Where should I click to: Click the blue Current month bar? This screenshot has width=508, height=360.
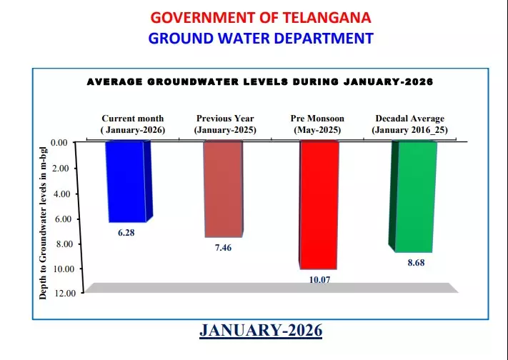pyautogui.click(x=127, y=181)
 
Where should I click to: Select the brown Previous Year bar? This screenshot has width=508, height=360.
pyautogui.click(x=224, y=189)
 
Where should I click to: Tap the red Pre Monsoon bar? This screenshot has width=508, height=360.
pyautogui.click(x=318, y=204)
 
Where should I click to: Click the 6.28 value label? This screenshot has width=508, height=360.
pyautogui.click(x=127, y=232)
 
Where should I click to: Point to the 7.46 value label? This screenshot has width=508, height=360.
pyautogui.click(x=224, y=247)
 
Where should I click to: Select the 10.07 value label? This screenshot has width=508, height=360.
pyautogui.click(x=318, y=279)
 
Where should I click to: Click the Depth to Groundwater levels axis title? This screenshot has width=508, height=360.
pyautogui.click(x=44, y=218)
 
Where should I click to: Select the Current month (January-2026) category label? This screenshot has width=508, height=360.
pyautogui.click(x=132, y=124)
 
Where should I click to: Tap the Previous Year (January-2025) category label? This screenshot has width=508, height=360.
pyautogui.click(x=225, y=124)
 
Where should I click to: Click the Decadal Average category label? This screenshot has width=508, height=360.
pyautogui.click(x=409, y=124)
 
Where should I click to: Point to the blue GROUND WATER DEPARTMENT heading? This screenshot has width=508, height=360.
pyautogui.click(x=261, y=38)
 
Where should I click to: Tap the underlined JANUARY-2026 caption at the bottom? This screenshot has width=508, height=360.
pyautogui.click(x=261, y=331)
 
